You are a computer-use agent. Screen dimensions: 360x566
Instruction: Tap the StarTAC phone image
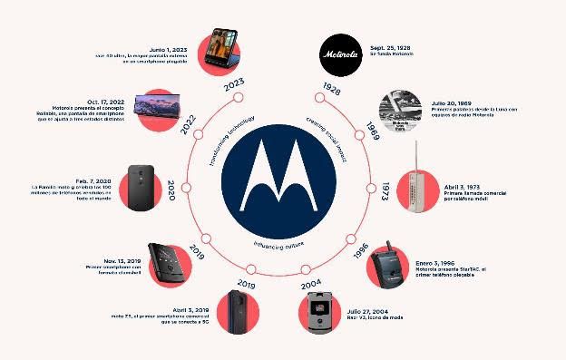(391, 267)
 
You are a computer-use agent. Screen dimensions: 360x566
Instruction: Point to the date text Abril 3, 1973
(469, 184)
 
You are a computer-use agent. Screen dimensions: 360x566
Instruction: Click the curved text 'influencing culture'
(282, 245)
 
